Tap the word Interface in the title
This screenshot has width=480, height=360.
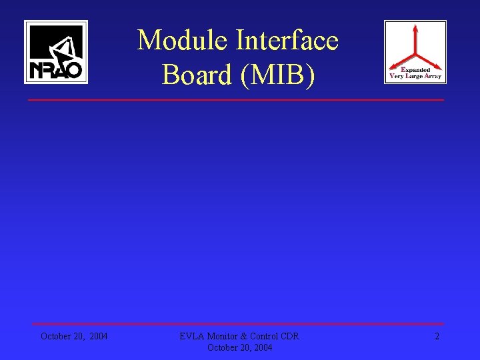pos(287,41)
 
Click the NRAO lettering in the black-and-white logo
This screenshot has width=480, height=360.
pos(56,69)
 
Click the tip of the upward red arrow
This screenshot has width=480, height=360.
pos(415,27)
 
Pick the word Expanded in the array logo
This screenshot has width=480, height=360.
pos(415,69)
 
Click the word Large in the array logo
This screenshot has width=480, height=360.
pos(413,76)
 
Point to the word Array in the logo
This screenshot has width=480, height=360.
pos(433,76)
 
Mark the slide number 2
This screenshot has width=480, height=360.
pos(437,336)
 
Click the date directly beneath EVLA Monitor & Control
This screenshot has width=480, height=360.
pos(239,347)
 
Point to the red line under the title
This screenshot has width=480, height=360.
pos(235,100)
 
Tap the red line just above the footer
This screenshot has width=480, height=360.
pos(235,325)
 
